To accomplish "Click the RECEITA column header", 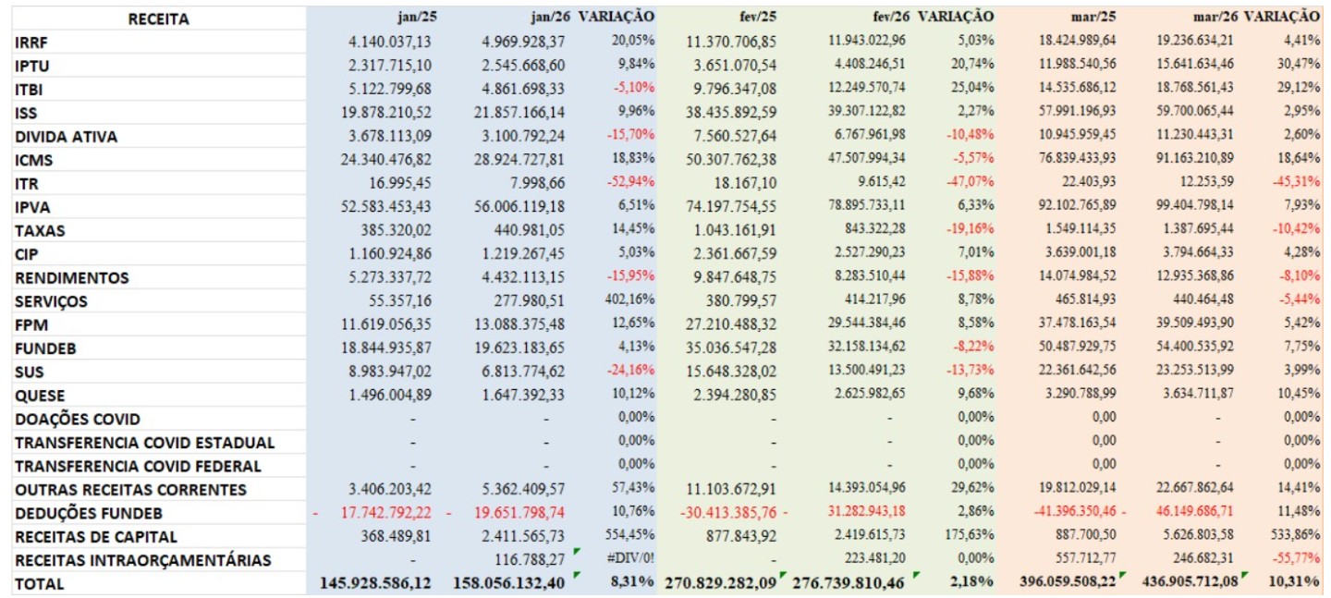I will (x=158, y=18).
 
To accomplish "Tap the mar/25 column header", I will (x=1092, y=17).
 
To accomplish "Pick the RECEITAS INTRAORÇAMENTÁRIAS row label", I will (x=143, y=560).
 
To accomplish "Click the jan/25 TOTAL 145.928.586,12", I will (x=375, y=583).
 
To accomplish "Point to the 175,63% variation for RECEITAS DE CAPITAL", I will (x=968, y=536).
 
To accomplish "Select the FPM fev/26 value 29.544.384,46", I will (x=856, y=324).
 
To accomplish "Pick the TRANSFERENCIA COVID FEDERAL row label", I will (x=138, y=466).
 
